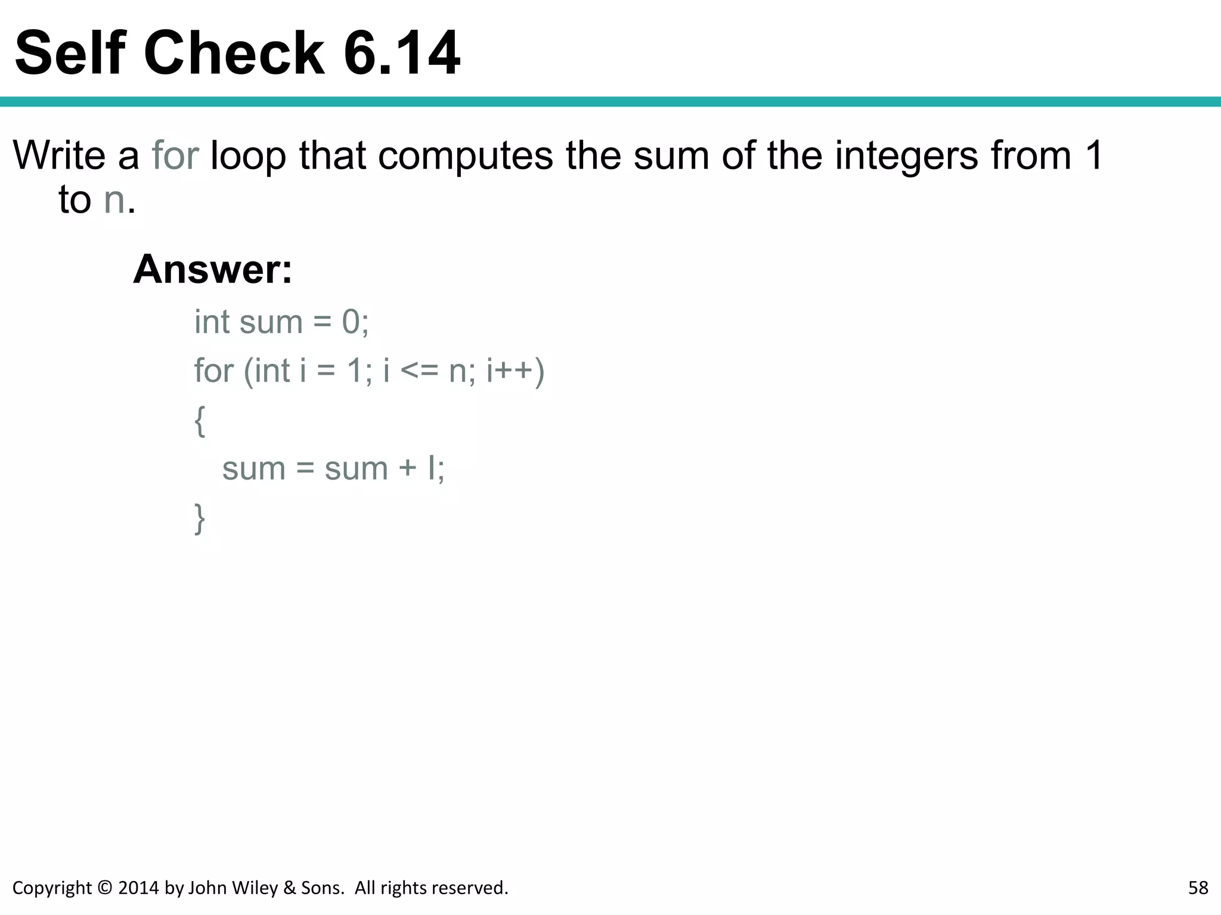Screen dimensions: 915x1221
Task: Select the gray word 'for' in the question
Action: (x=175, y=155)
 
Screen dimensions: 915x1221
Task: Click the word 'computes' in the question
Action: (x=465, y=155)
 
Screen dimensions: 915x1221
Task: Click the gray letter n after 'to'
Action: (x=114, y=201)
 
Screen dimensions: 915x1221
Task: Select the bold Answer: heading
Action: (x=213, y=269)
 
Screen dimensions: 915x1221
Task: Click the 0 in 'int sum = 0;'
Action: (x=351, y=322)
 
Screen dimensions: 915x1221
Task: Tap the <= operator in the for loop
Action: (x=419, y=371)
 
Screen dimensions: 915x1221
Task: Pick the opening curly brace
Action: (x=200, y=421)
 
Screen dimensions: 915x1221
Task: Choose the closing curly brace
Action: (x=200, y=519)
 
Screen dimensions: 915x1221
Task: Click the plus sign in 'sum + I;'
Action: (x=408, y=469)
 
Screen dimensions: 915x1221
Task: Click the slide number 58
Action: (x=1198, y=888)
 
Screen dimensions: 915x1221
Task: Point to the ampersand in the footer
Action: (x=290, y=888)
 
